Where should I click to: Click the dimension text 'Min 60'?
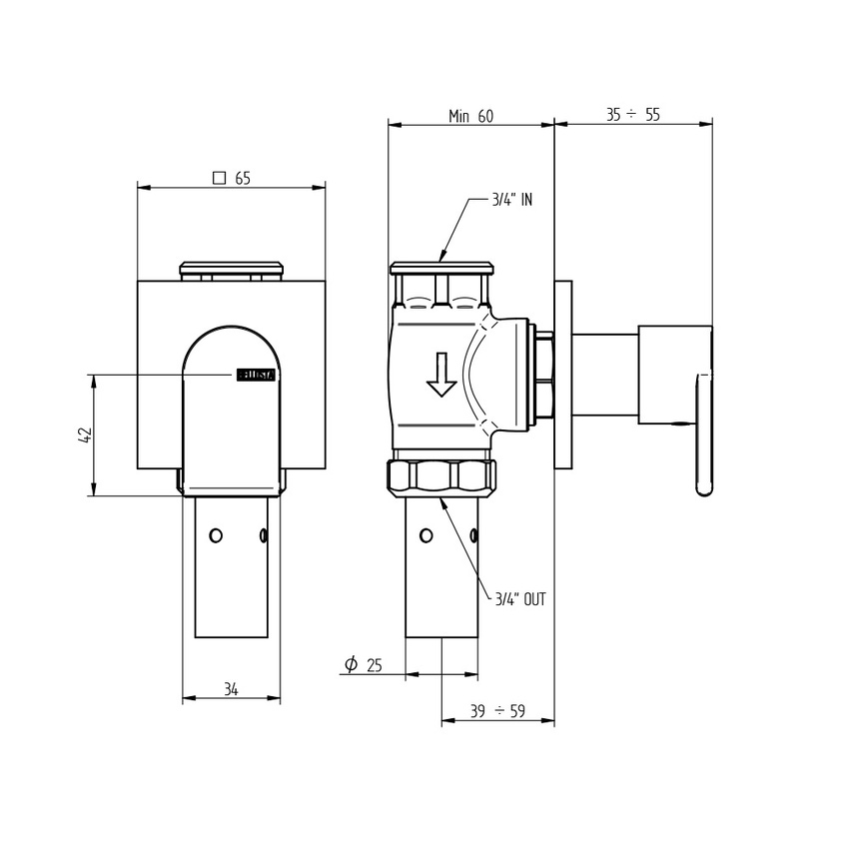pyautogui.click(x=470, y=116)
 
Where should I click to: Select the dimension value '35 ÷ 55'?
pyautogui.click(x=633, y=115)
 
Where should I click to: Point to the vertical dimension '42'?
pyautogui.click(x=85, y=434)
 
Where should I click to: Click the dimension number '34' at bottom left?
pyautogui.click(x=231, y=689)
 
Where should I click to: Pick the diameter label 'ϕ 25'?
pyautogui.click(x=364, y=664)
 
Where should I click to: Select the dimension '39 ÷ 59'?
pyautogui.click(x=497, y=711)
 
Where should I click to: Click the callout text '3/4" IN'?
pyautogui.click(x=511, y=200)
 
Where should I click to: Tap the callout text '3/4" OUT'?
pyautogui.click(x=520, y=599)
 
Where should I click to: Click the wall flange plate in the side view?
pyautogui.click(x=565, y=375)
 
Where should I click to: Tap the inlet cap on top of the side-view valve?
pyautogui.click(x=442, y=268)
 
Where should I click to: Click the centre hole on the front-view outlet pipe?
pyautogui.click(x=214, y=535)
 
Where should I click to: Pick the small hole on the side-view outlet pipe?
pyautogui.click(x=426, y=536)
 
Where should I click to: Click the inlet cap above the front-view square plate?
pyautogui.click(x=231, y=268)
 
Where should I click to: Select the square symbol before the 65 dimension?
pyautogui.click(x=219, y=179)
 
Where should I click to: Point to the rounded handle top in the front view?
pyautogui.click(x=231, y=340)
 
